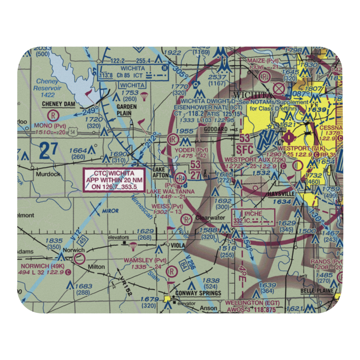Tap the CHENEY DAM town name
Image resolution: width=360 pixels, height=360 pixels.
pos(58,104)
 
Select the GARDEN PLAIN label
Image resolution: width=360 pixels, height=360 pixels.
pos(126,109)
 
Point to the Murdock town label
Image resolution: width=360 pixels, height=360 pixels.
pos(48,174)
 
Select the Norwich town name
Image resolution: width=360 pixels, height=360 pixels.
pos(73,250)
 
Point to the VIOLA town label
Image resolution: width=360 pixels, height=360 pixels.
pos(178,246)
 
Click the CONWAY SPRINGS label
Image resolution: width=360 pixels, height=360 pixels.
pos(198,293)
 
